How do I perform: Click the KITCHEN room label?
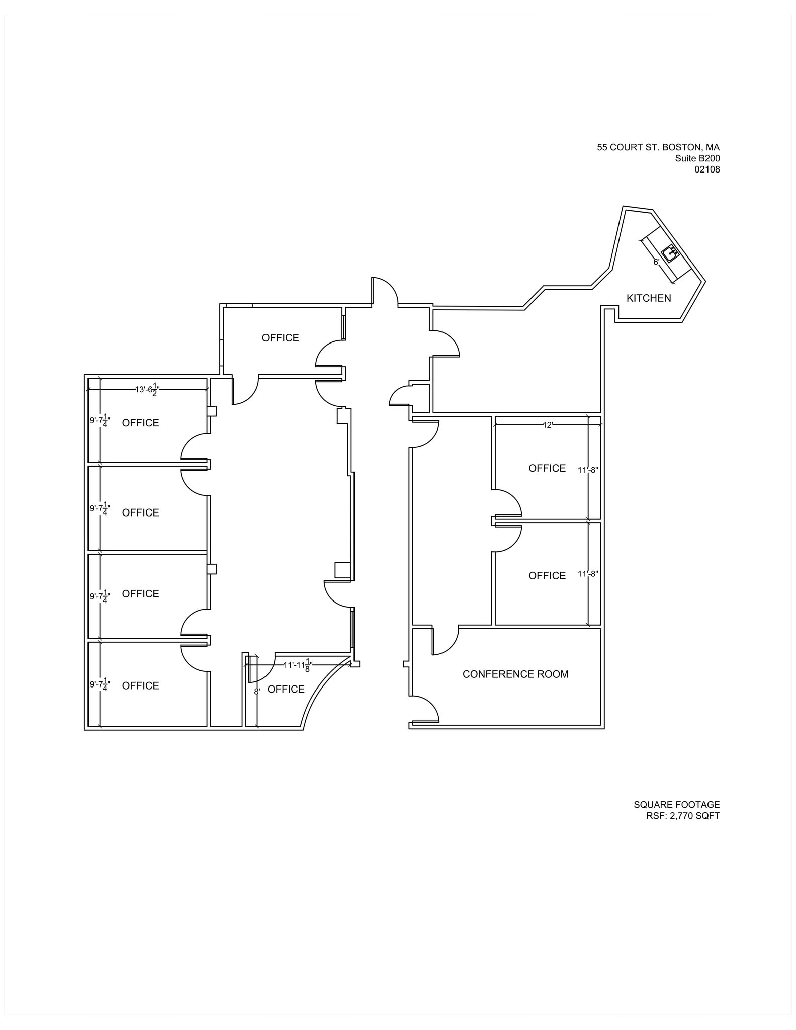tap(648, 298)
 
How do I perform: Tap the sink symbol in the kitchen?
tap(670, 253)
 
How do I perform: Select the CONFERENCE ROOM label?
tap(515, 674)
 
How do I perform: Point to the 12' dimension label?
tap(548, 425)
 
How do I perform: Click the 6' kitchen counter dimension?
tap(656, 262)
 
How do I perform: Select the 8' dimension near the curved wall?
tap(257, 692)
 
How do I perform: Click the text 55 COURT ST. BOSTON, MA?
tap(658, 147)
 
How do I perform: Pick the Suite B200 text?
tap(697, 158)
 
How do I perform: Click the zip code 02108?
tap(707, 169)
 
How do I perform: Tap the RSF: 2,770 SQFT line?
tap(682, 816)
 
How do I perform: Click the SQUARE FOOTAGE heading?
tap(676, 805)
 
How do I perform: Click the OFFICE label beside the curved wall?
tap(286, 690)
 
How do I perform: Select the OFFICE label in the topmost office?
tap(280, 338)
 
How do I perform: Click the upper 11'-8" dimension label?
tap(587, 470)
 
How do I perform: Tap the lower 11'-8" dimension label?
tap(587, 574)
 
